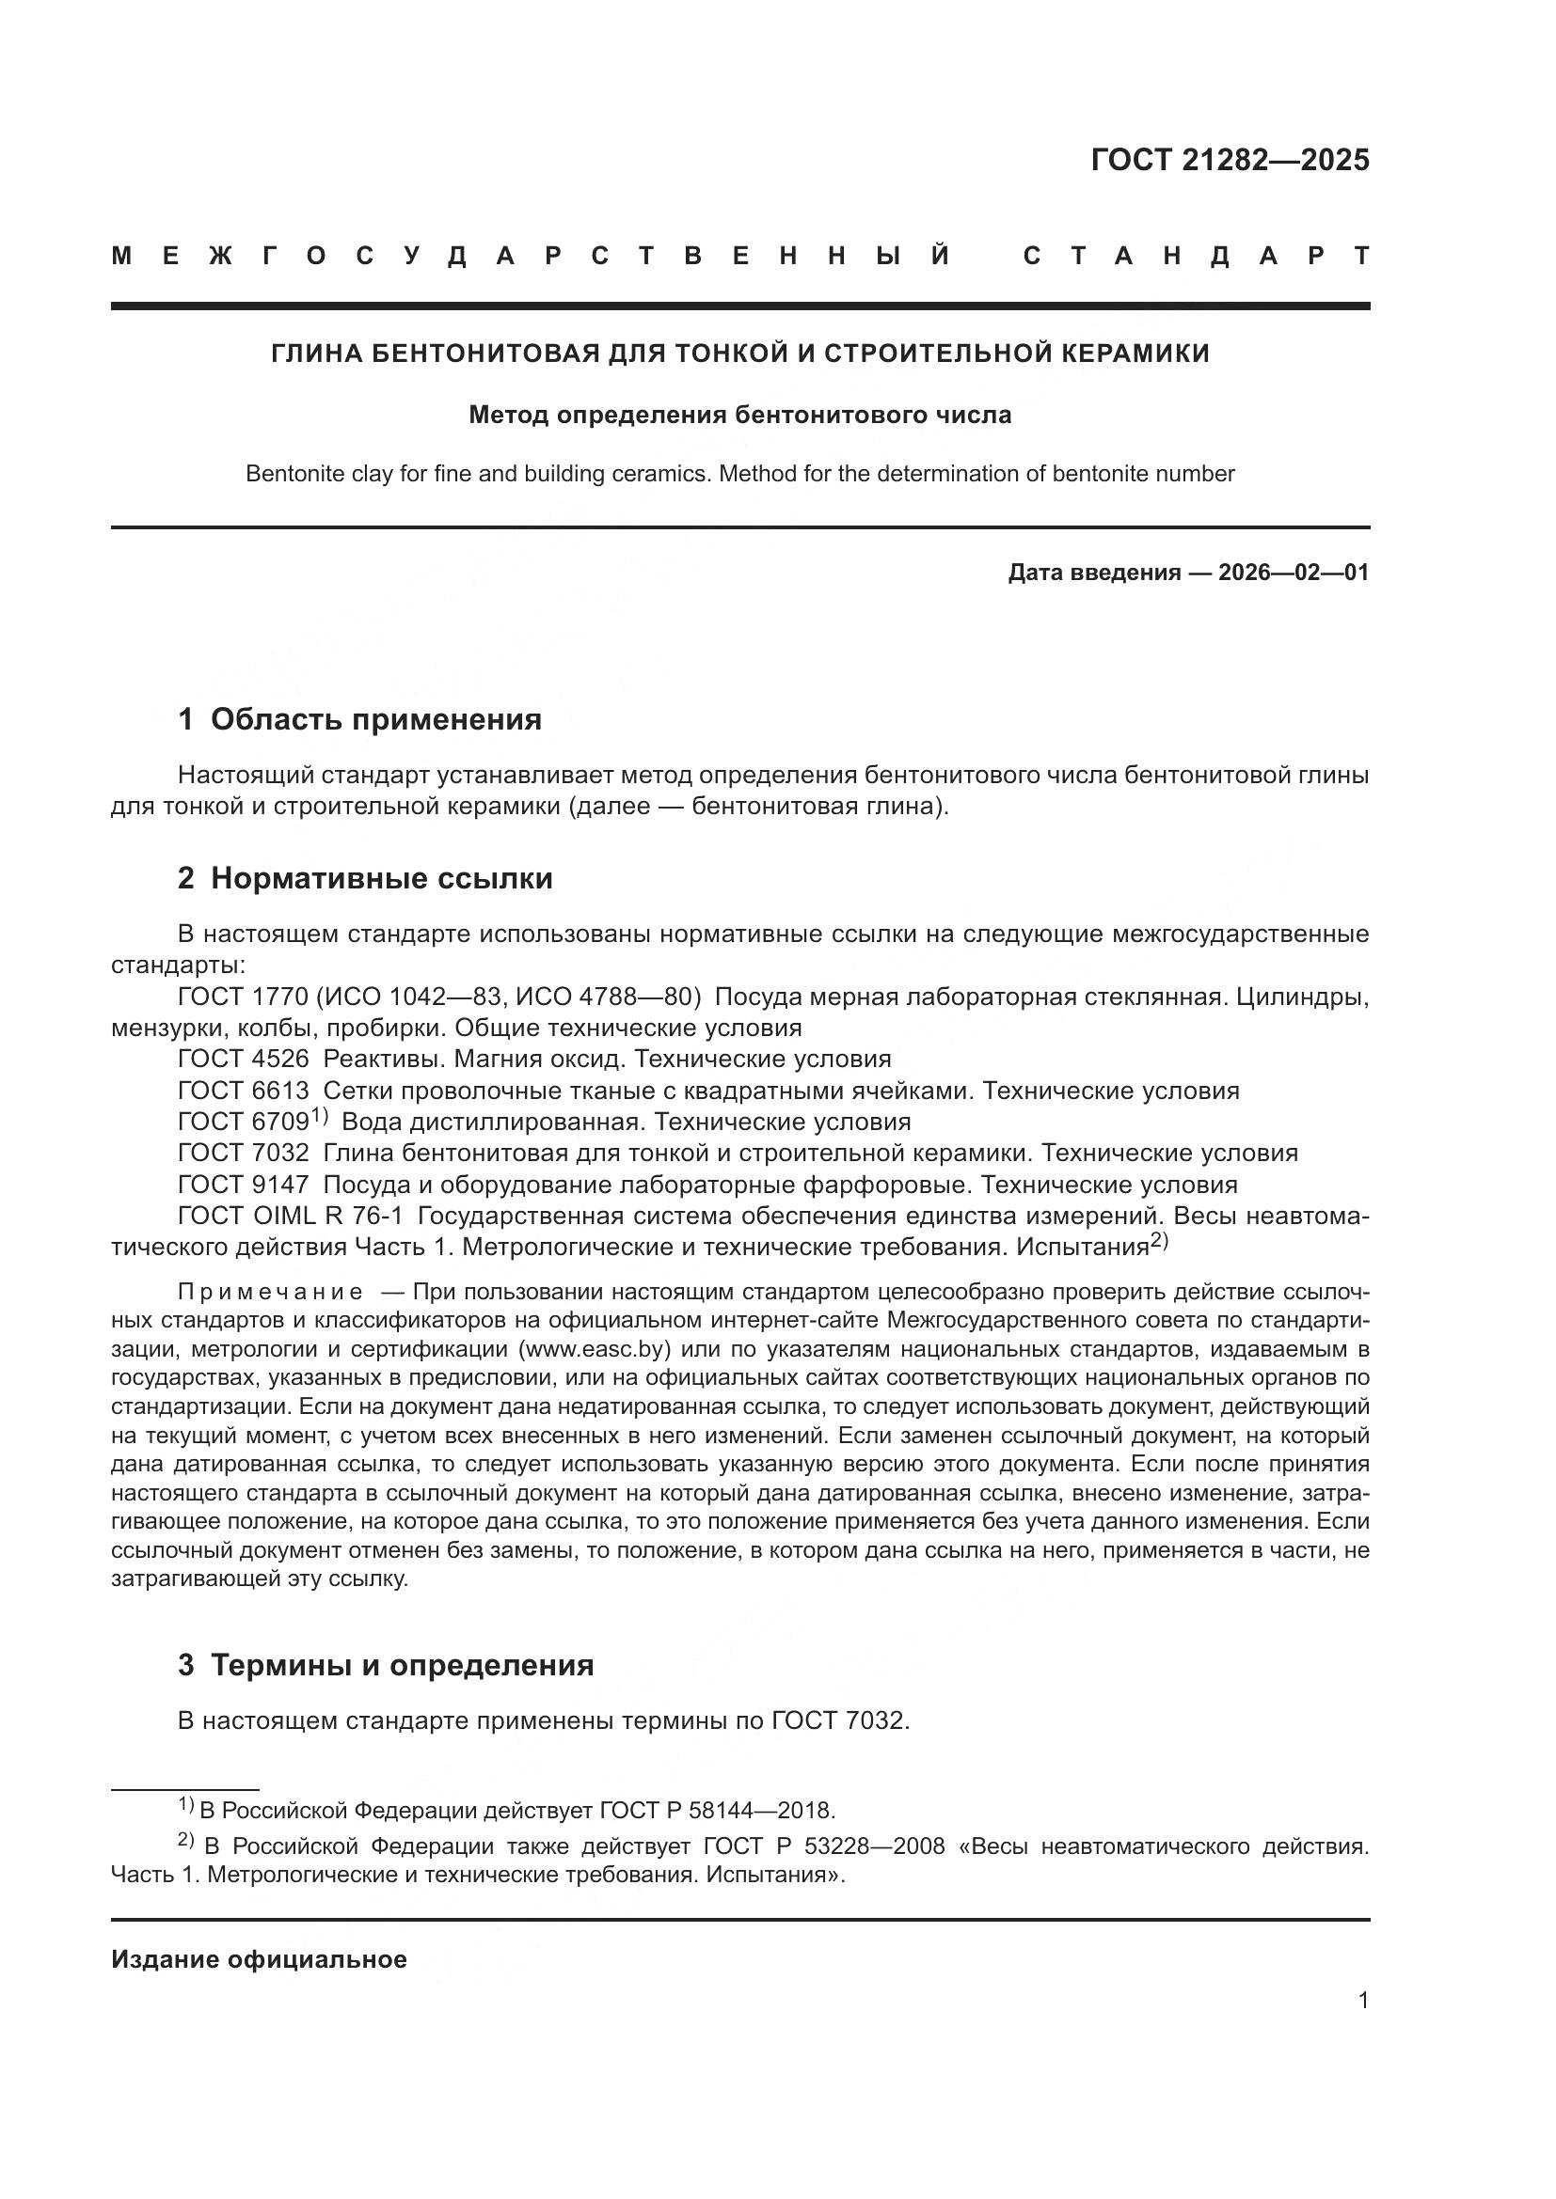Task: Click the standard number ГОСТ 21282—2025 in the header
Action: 1230,160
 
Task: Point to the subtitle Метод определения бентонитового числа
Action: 739,416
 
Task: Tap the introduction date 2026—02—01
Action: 1293,573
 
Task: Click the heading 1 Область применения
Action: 359,718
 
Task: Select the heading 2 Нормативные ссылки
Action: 365,877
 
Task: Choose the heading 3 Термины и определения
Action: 385,1665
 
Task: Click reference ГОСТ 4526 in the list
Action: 244,1059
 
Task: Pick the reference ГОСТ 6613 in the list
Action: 244,1090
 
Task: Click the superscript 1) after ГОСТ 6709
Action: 319,1116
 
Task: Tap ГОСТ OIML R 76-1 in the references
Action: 291,1216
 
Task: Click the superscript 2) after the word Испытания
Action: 1159,1241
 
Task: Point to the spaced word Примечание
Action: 270,1292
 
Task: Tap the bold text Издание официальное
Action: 259,1959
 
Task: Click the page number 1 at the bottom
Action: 1362,2000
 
